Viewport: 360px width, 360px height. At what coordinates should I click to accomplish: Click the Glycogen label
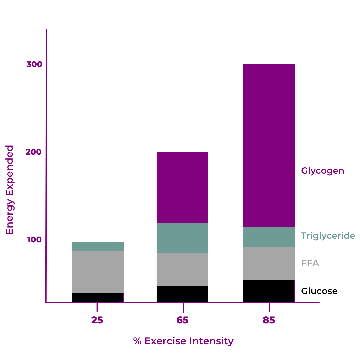[x=322, y=171]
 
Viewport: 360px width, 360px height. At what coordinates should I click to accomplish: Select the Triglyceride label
[x=328, y=236]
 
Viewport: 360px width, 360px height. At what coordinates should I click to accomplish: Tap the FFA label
[x=310, y=263]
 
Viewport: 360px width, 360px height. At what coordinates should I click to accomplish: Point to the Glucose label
[x=319, y=291]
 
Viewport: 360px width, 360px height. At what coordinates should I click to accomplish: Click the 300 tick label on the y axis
[x=34, y=64]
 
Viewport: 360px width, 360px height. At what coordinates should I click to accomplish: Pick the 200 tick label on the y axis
[x=34, y=152]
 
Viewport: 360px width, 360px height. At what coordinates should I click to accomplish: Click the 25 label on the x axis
[x=97, y=320]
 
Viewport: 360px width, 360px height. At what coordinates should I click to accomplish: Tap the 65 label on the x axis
[x=183, y=320]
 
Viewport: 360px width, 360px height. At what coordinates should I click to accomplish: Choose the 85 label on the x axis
[x=269, y=320]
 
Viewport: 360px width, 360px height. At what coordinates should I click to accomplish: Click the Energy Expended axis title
[x=10, y=190]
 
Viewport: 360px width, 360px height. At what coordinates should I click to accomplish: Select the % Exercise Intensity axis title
[x=183, y=341]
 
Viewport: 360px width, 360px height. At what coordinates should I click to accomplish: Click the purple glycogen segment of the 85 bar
[x=269, y=145]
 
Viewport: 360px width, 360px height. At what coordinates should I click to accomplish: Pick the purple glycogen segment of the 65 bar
[x=182, y=187]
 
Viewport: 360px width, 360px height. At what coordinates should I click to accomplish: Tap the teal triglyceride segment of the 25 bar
[x=98, y=247]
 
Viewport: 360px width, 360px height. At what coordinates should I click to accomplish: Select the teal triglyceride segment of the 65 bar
[x=182, y=238]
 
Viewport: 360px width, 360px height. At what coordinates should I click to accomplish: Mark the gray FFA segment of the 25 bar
[x=98, y=272]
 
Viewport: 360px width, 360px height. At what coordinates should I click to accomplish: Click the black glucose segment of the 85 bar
[x=269, y=291]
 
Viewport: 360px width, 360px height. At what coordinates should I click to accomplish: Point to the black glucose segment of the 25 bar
[x=98, y=297]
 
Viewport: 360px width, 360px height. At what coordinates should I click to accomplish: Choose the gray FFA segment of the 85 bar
[x=269, y=263]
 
